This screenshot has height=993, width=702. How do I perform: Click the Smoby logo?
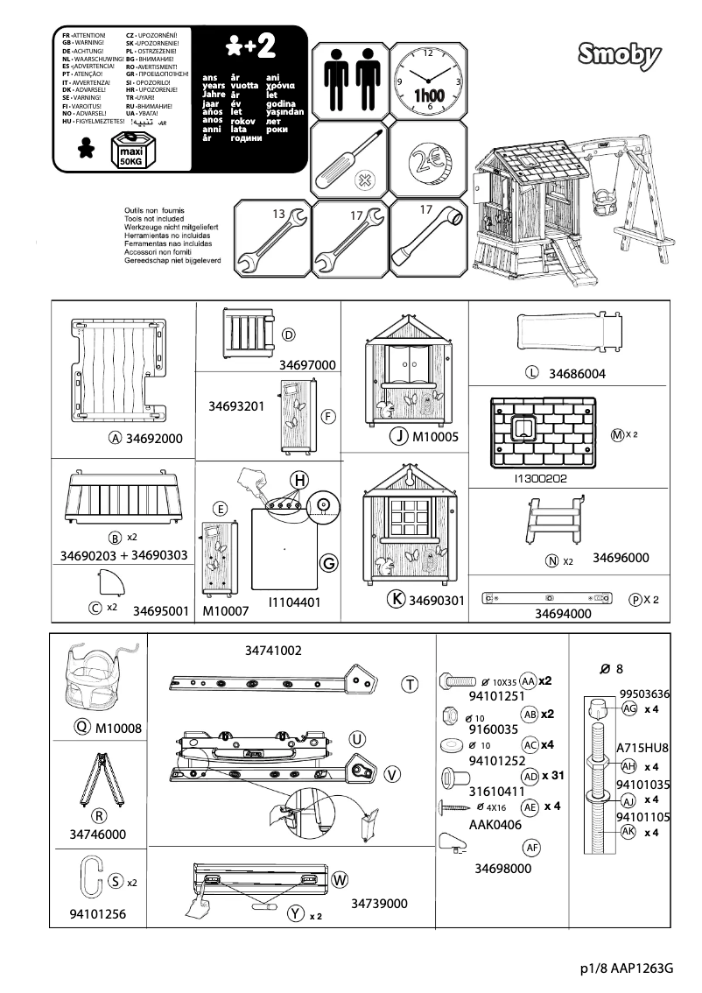click(x=620, y=56)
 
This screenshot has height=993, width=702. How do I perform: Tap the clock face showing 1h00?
click(x=429, y=79)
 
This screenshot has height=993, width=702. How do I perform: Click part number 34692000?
click(x=154, y=439)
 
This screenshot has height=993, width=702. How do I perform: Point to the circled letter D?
click(x=288, y=335)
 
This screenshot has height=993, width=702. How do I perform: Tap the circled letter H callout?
click(x=299, y=480)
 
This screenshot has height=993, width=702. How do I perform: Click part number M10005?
click(x=435, y=436)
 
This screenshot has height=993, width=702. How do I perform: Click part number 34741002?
click(x=273, y=651)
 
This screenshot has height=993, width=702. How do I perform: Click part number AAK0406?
click(x=495, y=825)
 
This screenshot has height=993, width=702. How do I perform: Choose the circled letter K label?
click(x=397, y=599)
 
